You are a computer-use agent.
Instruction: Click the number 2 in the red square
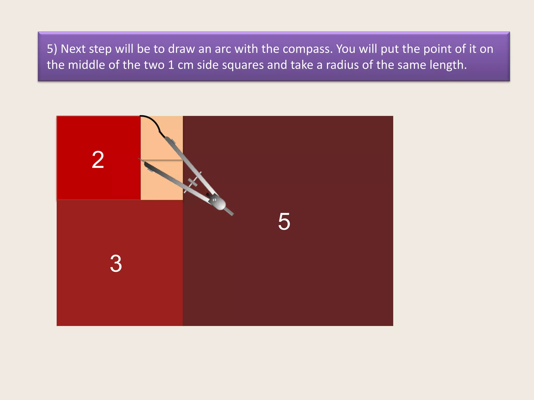click(x=98, y=160)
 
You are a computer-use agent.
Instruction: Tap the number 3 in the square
click(x=116, y=264)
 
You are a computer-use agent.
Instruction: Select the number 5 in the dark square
click(x=284, y=221)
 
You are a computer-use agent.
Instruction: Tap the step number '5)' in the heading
click(x=52, y=49)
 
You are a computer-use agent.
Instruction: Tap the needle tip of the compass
click(x=139, y=159)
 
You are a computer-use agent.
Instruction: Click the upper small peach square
click(x=162, y=138)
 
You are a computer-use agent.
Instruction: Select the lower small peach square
click(x=162, y=180)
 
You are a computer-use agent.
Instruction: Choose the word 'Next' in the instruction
click(x=73, y=49)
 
